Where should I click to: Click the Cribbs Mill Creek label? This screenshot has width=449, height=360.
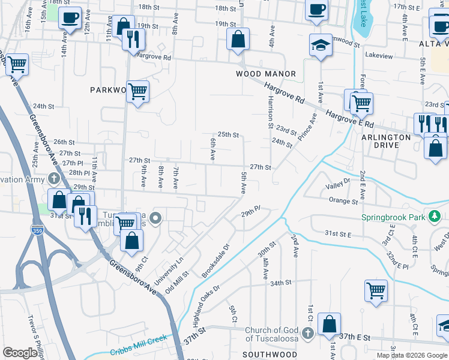(137, 352)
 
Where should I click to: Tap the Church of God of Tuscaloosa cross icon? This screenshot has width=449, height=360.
(307, 332)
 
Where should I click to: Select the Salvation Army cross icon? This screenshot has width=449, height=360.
(54, 179)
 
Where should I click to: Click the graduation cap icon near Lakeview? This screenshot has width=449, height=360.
(321, 45)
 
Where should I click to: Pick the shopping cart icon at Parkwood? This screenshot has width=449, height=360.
(138, 91)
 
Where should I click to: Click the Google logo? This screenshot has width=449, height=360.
(21, 352)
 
